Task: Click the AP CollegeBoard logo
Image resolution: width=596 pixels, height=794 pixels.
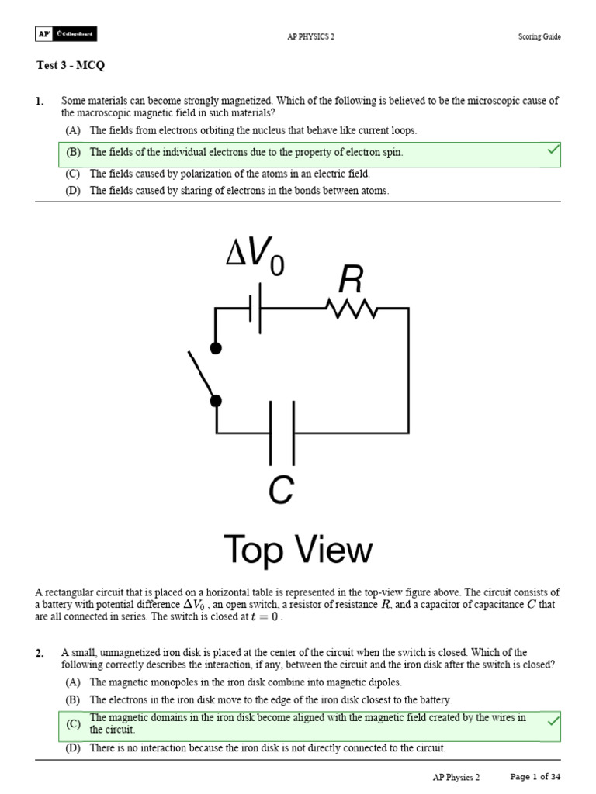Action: pos(66,35)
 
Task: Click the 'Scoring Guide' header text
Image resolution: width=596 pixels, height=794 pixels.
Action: pos(539,36)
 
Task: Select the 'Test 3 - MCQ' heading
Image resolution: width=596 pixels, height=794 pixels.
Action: pos(71,66)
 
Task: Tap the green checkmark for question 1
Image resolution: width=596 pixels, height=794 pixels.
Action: pos(553,150)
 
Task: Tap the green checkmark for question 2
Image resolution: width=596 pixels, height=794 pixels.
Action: pos(553,721)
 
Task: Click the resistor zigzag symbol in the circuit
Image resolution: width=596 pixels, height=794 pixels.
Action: pos(352,309)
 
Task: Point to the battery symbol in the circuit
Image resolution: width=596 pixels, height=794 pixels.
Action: pos(255,309)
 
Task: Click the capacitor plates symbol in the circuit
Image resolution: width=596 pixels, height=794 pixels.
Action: pos(282,433)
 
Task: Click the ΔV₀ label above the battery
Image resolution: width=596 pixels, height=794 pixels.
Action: pos(255,255)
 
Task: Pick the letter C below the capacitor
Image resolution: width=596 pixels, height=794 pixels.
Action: pos(281,489)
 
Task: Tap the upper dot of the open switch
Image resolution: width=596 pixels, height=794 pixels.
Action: pos(217,348)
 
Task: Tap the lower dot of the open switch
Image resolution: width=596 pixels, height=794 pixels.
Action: pos(217,400)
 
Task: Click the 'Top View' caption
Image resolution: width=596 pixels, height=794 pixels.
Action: pos(298,551)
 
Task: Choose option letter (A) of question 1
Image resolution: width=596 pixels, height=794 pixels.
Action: pos(74,131)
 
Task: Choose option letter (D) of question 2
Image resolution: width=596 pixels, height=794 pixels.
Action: pos(74,748)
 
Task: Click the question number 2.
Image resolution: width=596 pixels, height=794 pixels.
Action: pos(40,654)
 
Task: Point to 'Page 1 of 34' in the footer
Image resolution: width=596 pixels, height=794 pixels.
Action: pos(535,777)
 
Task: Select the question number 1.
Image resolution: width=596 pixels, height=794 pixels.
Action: pos(40,102)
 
